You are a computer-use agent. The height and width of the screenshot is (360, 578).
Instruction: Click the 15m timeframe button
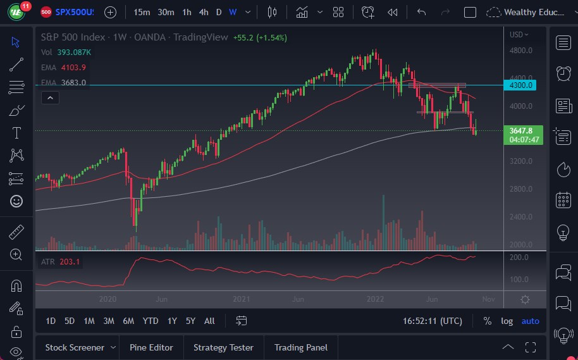142,12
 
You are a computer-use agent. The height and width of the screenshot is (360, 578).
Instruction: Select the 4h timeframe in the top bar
203,12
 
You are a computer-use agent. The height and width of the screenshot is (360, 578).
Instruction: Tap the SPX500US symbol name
75,12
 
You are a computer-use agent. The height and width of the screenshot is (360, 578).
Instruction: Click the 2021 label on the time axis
241,299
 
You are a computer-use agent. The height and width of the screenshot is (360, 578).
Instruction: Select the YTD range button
151,321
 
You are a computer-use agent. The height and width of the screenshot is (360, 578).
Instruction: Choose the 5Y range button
190,321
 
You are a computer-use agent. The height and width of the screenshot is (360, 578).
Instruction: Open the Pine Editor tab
152,347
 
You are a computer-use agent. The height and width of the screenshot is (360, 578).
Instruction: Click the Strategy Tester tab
223,347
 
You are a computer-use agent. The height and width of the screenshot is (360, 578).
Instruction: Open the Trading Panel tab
301,347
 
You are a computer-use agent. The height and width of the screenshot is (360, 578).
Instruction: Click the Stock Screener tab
75,347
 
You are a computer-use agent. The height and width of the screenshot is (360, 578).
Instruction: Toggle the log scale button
507,321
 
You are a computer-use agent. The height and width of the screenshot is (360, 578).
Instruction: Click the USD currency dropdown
519,35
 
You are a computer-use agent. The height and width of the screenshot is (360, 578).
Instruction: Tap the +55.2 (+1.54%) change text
260,37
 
